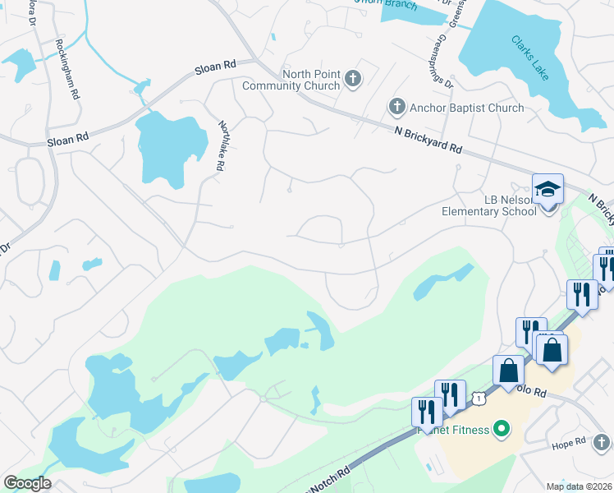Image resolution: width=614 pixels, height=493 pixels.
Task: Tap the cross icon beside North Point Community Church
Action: (x=353, y=80)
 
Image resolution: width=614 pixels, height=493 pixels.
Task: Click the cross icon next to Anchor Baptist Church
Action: (x=396, y=107)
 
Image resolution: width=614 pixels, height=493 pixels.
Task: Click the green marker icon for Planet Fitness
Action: (x=497, y=429)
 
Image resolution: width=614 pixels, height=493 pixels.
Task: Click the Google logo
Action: (x=27, y=483)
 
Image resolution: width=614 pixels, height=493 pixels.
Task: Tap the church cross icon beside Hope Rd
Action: (x=603, y=444)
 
